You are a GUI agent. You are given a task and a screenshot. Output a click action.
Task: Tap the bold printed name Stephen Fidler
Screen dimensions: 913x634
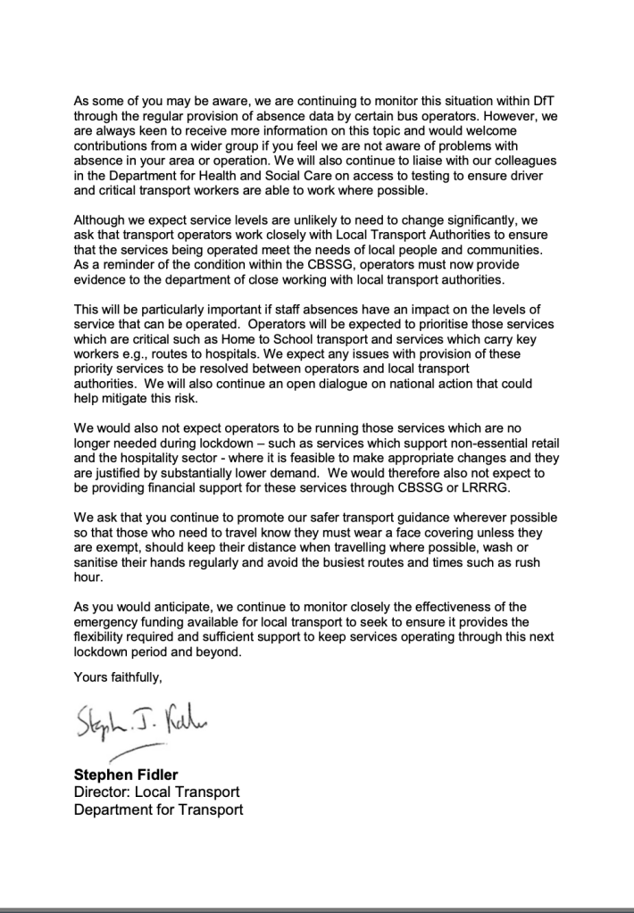coord(125,775)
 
